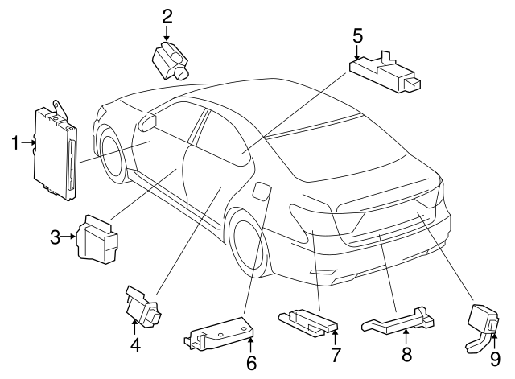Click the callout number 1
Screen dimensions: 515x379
pyautogui.click(x=15, y=143)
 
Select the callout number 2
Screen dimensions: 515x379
pyautogui.click(x=167, y=17)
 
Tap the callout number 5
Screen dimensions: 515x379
pyautogui.click(x=357, y=35)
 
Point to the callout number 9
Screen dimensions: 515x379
pyautogui.click(x=495, y=359)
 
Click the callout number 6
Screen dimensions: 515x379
pyautogui.click(x=251, y=363)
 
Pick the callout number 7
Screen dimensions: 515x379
pyautogui.click(x=335, y=355)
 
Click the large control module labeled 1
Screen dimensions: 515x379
pyautogui.click(x=56, y=150)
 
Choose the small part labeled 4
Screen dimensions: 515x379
pyautogui.click(x=143, y=307)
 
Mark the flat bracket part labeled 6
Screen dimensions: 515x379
pyautogui.click(x=219, y=333)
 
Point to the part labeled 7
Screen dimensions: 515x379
pyautogui.click(x=308, y=323)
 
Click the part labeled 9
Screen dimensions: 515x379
pyautogui.click(x=484, y=328)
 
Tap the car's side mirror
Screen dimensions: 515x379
pyautogui.click(x=147, y=122)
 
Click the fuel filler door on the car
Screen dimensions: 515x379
pyautogui.click(x=262, y=192)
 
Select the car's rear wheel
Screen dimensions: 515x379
pyautogui.click(x=249, y=244)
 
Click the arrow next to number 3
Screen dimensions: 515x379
pyautogui.click(x=69, y=236)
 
